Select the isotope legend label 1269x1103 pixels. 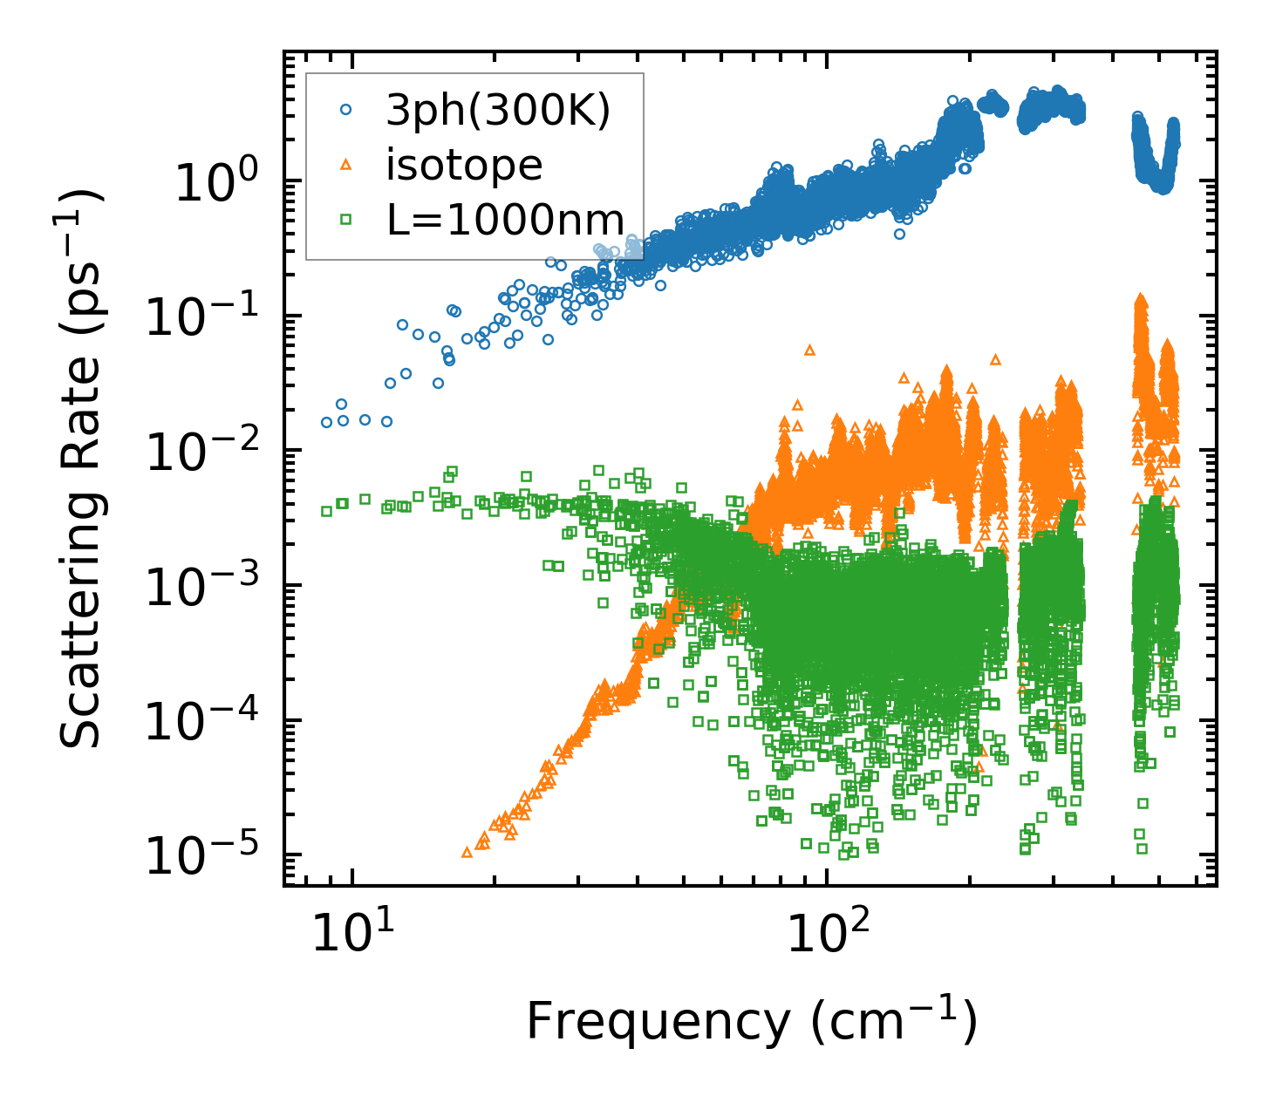(x=464, y=165)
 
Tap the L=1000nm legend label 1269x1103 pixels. (x=506, y=220)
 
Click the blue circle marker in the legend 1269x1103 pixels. (x=346, y=110)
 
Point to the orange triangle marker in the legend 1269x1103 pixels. (x=346, y=165)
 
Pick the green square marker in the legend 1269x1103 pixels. (x=346, y=220)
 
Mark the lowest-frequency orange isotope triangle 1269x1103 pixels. (x=467, y=852)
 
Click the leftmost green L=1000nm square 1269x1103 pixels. (x=327, y=511)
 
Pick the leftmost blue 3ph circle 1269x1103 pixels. (x=327, y=422)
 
